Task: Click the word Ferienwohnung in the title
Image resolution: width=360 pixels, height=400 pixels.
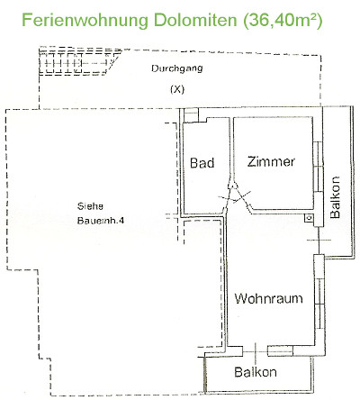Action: tap(85, 21)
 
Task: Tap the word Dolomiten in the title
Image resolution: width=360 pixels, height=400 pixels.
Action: tap(195, 20)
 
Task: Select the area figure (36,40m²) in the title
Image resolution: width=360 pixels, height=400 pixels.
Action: tap(283, 21)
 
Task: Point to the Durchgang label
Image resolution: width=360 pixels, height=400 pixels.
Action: tap(177, 68)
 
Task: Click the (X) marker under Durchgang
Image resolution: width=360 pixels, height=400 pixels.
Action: tap(177, 89)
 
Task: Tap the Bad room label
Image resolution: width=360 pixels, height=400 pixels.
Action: tap(202, 163)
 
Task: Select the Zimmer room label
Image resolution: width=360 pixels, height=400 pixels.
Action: tap(271, 161)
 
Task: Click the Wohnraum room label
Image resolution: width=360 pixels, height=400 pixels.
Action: tap(268, 298)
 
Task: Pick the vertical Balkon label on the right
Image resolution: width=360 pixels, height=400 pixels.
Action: tap(335, 197)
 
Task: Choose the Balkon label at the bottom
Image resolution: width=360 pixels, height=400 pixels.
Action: tap(256, 372)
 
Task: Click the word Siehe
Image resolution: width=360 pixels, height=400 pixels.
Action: tap(90, 206)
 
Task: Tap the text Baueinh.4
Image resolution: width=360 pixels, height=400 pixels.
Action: tap(101, 221)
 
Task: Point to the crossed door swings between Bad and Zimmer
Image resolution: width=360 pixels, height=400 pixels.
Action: tap(234, 196)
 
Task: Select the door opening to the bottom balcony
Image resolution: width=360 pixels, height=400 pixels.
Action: tap(255, 351)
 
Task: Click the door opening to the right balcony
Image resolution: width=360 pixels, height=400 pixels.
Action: tap(319, 241)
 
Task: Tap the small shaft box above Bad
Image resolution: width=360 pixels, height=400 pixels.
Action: tap(191, 115)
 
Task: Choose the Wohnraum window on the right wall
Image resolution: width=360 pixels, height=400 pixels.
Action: tap(319, 305)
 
